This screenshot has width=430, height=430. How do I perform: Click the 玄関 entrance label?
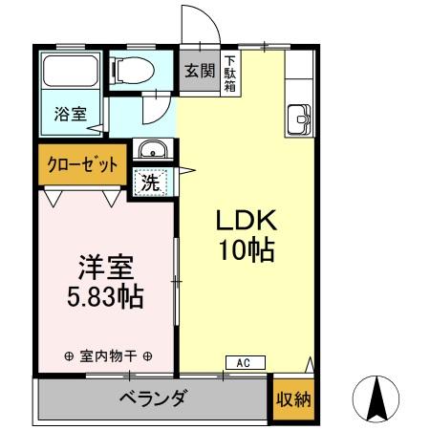click(199, 72)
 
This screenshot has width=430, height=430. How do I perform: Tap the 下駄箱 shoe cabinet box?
click(230, 72)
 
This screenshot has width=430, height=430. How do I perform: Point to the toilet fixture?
click(135, 69)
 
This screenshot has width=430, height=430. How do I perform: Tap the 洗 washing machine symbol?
click(150, 182)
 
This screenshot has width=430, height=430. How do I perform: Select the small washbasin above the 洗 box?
click(152, 151)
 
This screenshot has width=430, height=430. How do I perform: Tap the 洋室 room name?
click(104, 268)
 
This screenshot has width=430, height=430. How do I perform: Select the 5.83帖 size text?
click(104, 298)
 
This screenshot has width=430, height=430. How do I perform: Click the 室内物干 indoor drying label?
click(107, 356)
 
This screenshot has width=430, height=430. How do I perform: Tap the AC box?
click(244, 363)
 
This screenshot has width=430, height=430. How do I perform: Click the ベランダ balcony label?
click(153, 398)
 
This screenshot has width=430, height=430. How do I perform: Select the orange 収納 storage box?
click(292, 400)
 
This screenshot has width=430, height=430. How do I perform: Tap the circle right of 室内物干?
click(147, 356)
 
